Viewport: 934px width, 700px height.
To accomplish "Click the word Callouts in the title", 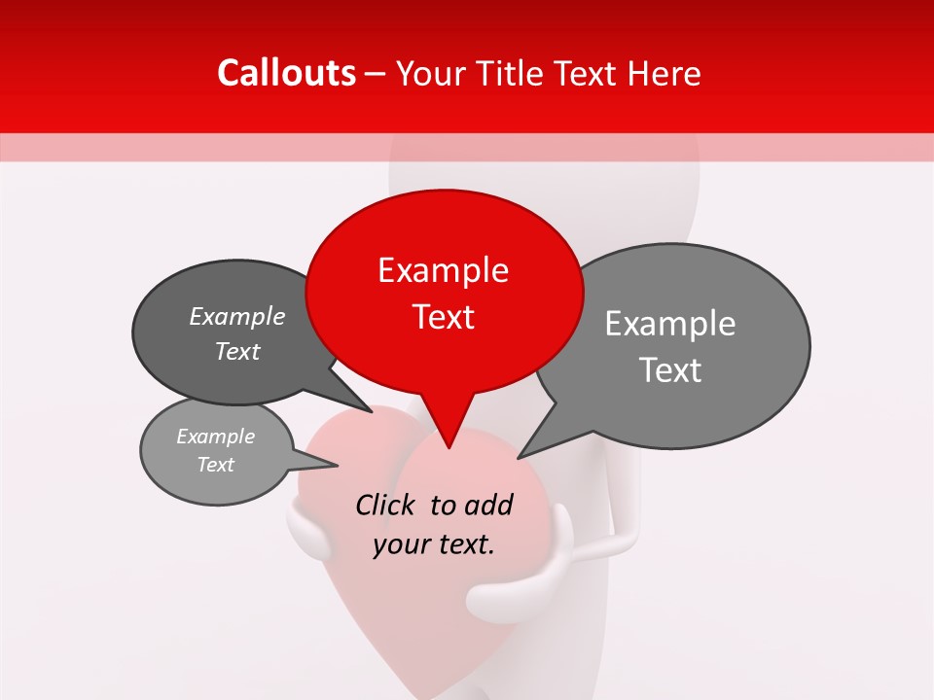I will [286, 73].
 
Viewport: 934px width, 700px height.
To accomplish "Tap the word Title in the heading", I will [507, 73].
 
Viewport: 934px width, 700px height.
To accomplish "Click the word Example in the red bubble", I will [443, 270].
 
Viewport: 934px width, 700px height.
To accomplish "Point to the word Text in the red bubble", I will [444, 317].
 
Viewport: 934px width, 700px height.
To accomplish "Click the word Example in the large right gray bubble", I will [670, 324].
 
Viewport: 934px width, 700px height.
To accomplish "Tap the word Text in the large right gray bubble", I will [671, 370].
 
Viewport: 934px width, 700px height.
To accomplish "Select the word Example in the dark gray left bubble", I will [237, 316].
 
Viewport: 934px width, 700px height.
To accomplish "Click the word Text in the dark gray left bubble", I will [237, 351].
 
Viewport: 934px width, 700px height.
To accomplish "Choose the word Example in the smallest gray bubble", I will [215, 437].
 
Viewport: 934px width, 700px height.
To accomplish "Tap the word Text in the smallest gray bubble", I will [215, 465].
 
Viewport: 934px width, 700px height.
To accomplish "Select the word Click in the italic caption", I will [386, 505].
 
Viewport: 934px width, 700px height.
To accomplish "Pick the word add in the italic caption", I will [488, 505].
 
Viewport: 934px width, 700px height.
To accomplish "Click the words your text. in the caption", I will [434, 544].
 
